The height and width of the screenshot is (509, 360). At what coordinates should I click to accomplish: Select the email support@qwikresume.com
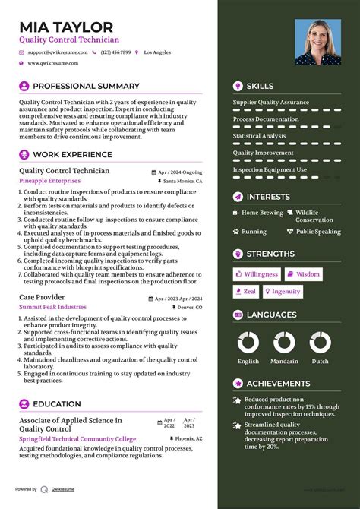point(58,52)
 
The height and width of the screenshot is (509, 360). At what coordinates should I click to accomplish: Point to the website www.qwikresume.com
point(55,64)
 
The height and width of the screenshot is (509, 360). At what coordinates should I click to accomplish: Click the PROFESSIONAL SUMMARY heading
point(86,87)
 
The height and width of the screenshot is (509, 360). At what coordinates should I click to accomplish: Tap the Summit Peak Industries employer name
point(52,307)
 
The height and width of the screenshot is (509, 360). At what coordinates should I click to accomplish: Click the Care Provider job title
point(42,297)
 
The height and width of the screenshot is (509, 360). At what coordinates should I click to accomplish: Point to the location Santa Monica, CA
point(182,182)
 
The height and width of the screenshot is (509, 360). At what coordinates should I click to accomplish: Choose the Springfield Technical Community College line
point(77,439)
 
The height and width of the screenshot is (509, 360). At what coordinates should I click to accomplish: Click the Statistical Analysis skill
point(259,136)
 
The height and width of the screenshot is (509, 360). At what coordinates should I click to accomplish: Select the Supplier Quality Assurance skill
point(270,102)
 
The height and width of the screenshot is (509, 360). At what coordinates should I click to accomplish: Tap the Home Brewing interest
point(262,213)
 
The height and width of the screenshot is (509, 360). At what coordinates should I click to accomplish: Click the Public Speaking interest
point(318,232)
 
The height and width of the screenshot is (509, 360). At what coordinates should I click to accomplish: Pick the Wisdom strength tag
point(304,274)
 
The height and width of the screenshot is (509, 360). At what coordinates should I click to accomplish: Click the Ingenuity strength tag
point(283,292)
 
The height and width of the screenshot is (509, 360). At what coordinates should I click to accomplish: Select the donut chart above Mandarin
point(285,343)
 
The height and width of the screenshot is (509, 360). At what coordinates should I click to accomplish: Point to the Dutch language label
point(320,362)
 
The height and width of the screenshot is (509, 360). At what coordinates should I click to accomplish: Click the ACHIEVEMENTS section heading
point(278,384)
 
